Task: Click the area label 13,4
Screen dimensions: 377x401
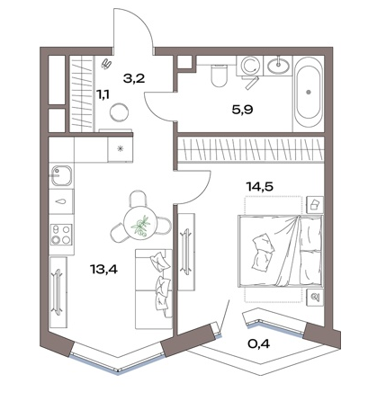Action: [103, 270]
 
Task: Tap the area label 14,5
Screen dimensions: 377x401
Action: [260, 186]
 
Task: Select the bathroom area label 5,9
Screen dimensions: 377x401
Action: [242, 110]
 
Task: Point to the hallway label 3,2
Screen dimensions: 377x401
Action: [134, 78]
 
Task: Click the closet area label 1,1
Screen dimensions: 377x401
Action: [103, 94]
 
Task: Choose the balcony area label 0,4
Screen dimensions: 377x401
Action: [259, 343]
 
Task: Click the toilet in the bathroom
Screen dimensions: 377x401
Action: [220, 75]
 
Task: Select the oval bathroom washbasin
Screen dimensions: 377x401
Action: [279, 65]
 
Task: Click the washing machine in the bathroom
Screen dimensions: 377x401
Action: [249, 66]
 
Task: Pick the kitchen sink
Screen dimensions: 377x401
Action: [62, 175]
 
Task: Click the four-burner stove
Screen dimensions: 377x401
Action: [61, 235]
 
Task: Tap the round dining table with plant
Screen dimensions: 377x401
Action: [140, 223]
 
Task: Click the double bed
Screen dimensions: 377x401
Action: [280, 251]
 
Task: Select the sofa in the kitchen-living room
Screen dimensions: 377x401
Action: [154, 289]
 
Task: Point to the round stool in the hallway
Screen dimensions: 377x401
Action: [119, 112]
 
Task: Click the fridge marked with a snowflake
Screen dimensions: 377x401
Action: [120, 148]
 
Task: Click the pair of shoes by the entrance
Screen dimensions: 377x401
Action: [107, 64]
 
